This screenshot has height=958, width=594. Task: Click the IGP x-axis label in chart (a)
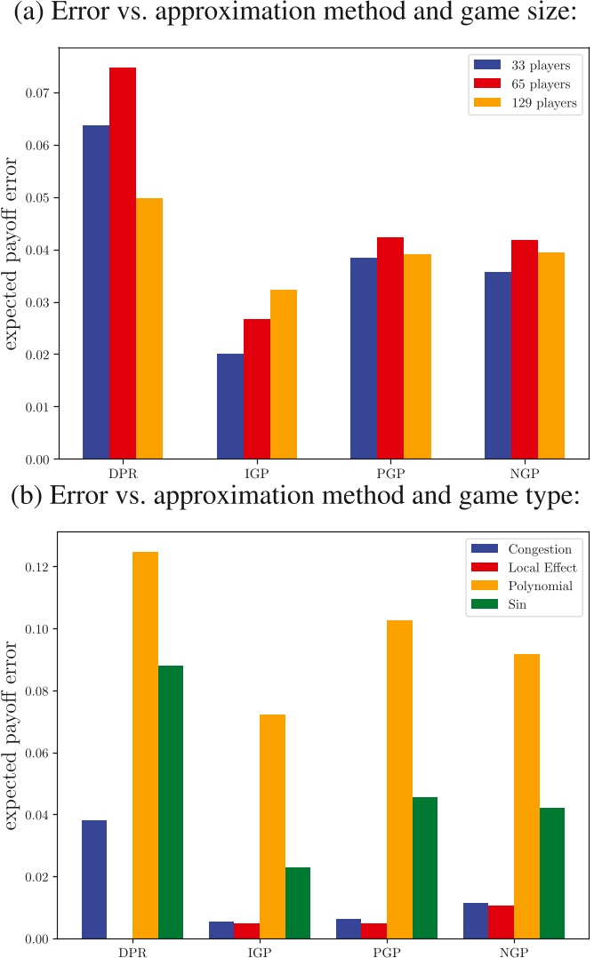click(257, 471)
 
